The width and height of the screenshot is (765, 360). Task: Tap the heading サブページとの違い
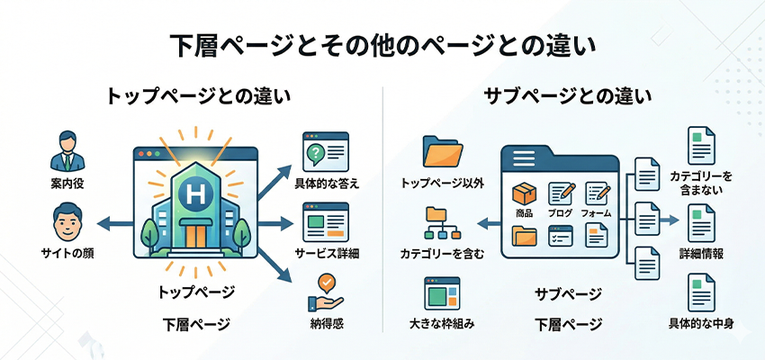tap(567, 96)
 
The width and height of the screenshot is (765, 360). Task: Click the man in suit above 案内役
tap(68, 150)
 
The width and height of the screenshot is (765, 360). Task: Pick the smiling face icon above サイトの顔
tap(68, 221)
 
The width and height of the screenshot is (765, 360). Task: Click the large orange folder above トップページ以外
tap(442, 152)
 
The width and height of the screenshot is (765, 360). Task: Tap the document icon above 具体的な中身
tap(701, 293)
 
